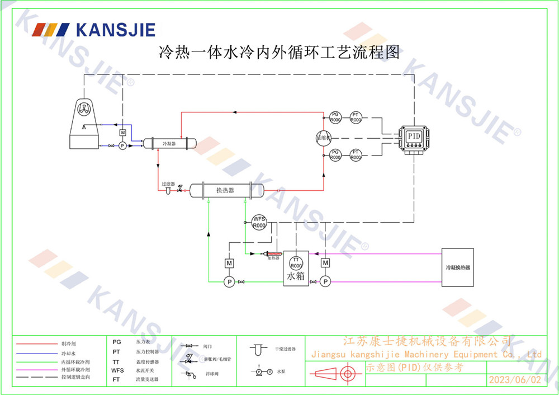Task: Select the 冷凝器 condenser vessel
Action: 169,143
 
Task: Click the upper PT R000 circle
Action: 356,118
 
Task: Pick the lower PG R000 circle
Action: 335,155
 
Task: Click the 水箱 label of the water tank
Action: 296,276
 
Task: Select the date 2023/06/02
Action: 515,380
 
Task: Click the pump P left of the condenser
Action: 123,145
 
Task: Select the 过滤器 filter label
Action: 168,184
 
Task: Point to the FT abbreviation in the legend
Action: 116,379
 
